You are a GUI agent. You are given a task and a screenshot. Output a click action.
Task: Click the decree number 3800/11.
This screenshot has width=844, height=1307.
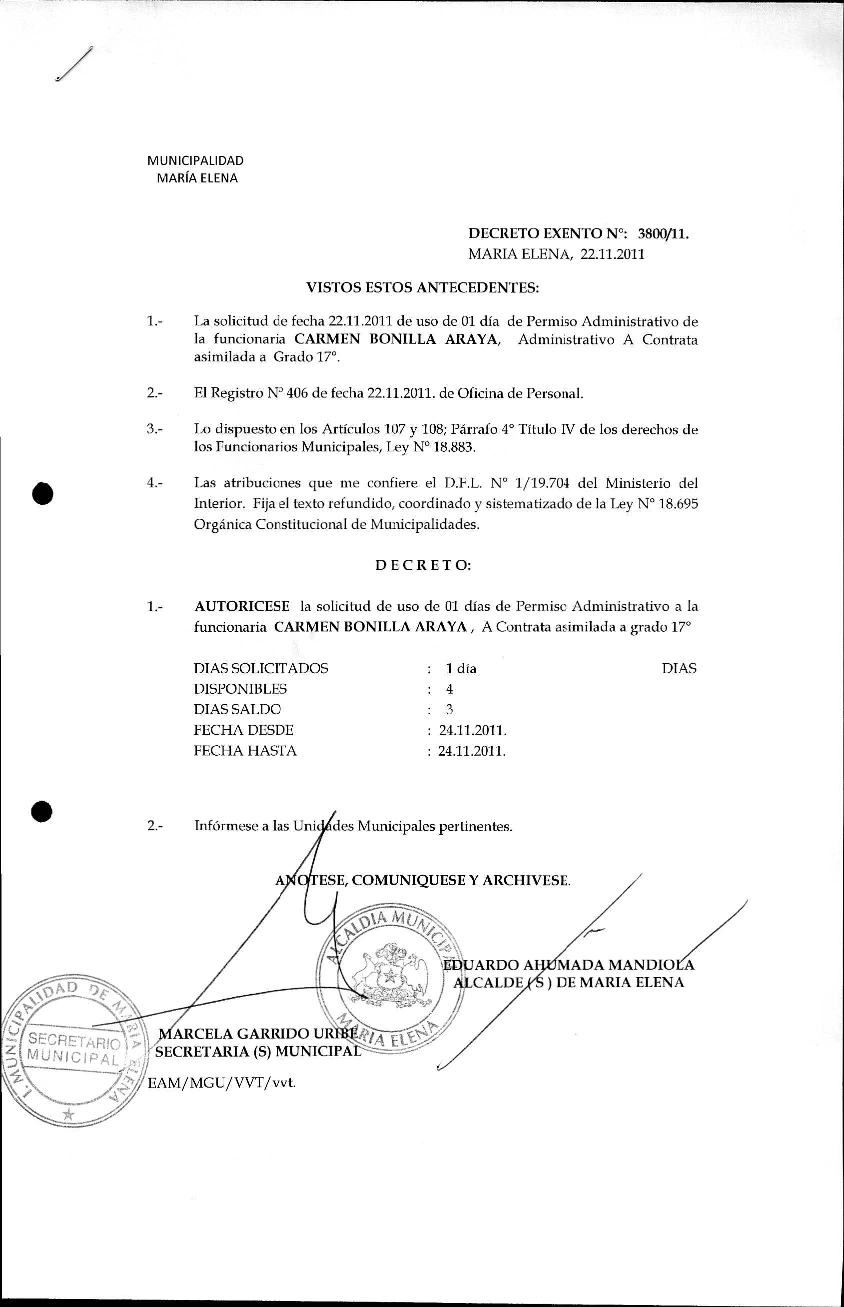tap(663, 234)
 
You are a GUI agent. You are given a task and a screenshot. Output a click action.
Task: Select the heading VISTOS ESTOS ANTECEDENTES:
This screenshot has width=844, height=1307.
tap(422, 288)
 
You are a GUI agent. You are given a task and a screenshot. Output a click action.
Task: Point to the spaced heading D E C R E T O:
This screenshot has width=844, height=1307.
tap(423, 566)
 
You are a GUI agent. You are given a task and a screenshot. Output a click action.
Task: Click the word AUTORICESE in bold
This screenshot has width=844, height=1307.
tap(242, 606)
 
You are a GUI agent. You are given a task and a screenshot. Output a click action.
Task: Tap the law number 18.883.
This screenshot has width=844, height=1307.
tap(454, 447)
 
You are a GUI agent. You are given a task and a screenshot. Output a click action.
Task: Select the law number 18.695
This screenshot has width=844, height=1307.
tap(678, 504)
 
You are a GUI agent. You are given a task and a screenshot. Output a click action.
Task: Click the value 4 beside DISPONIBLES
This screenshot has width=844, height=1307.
tap(449, 689)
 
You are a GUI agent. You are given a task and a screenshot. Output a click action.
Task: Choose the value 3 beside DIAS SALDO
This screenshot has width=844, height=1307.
tap(449, 710)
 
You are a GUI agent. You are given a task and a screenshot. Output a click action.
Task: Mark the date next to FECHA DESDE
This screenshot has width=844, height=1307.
tap(472, 731)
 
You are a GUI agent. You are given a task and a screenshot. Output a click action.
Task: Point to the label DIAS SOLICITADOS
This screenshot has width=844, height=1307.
tap(260, 669)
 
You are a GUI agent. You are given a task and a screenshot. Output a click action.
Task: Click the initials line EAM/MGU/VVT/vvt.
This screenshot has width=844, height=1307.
tap(222, 1083)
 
